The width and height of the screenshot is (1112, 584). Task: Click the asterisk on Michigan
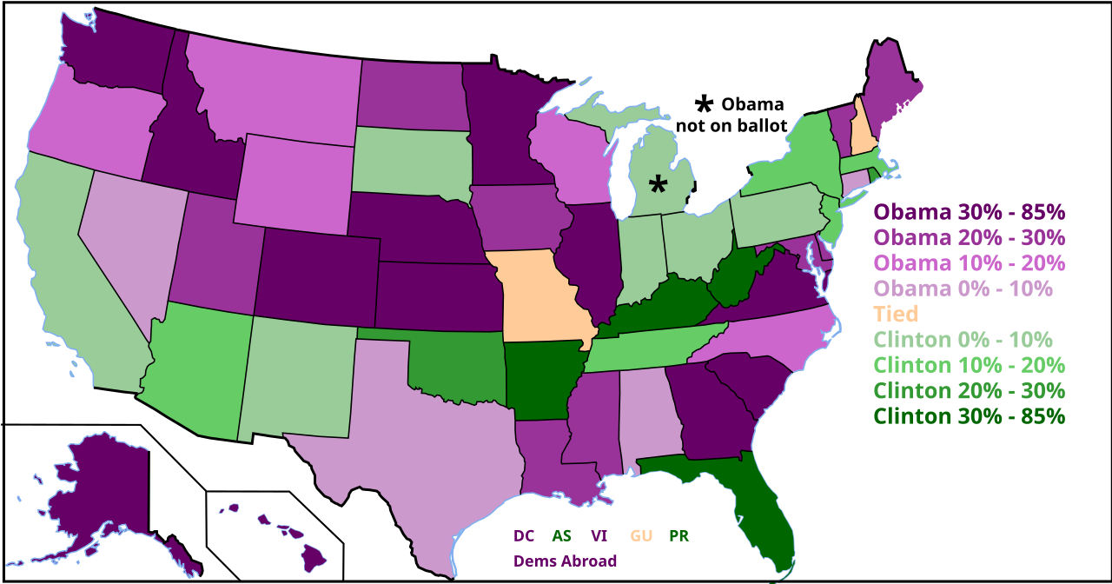[659, 184]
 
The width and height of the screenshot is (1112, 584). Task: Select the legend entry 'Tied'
[896, 314]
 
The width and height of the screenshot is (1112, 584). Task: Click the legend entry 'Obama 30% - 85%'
[969, 212]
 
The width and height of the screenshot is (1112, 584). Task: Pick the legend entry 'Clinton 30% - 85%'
[969, 415]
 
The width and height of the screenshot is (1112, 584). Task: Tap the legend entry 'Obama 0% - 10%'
[963, 289]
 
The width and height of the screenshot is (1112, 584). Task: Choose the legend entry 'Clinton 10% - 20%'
[969, 365]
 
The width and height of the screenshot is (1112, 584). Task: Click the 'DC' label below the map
[524, 536]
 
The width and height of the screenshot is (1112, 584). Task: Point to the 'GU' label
[641, 536]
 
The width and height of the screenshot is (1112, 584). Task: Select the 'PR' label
[678, 536]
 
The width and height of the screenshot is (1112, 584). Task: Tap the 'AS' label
[561, 536]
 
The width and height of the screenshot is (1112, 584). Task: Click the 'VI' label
[599, 536]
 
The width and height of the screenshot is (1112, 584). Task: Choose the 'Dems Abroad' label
[565, 561]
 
